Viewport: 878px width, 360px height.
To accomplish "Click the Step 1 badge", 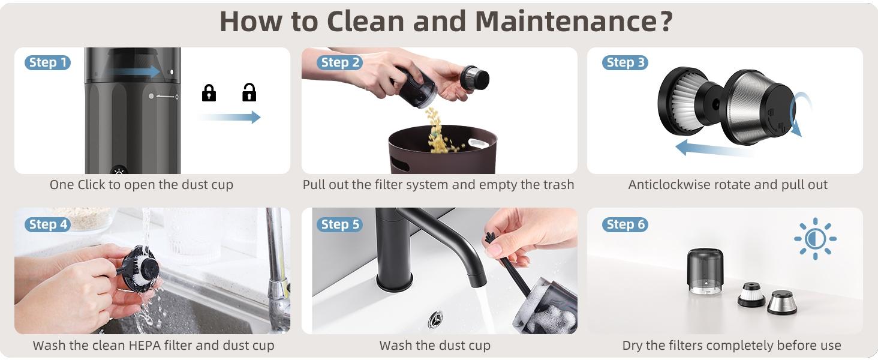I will coord(47,62).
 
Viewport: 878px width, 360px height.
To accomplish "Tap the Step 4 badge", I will coord(47,224).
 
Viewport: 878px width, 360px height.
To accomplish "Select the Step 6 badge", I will coord(624,224).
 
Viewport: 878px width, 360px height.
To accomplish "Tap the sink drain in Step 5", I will coord(436,319).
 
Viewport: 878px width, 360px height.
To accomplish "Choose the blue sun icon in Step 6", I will coord(815,238).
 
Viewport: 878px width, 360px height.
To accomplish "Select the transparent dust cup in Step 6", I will coord(705,271).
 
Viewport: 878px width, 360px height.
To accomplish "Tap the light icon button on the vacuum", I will coord(119,170).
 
